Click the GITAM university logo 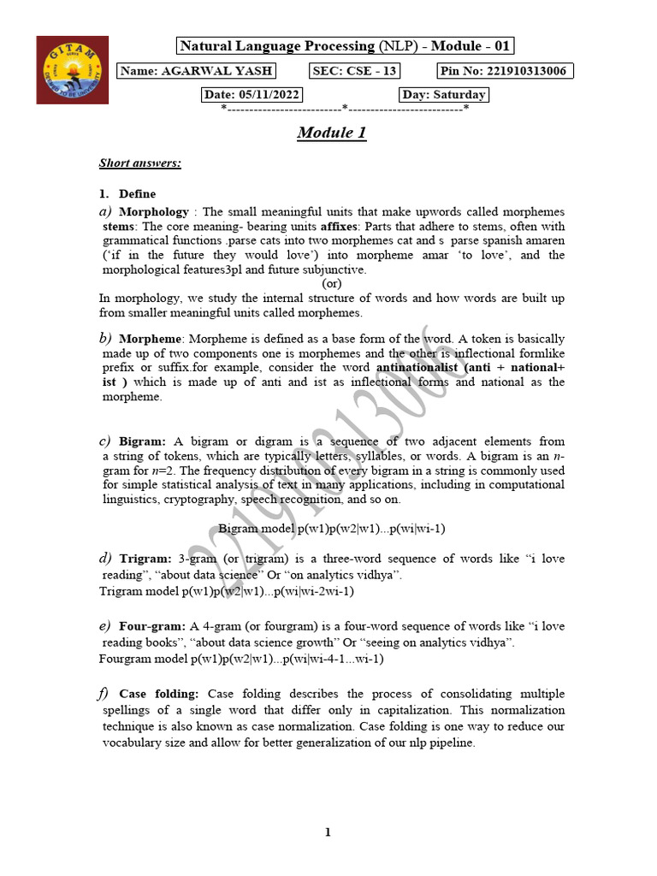point(73,69)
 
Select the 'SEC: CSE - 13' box point(352,71)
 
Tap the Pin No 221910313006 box point(505,71)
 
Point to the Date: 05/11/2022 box point(252,95)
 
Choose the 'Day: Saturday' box point(443,95)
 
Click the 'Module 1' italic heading point(332,133)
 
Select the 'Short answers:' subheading point(140,163)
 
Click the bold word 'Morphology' point(154,211)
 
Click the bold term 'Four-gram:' point(152,627)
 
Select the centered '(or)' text point(332,283)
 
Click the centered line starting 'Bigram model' point(332,529)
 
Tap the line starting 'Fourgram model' point(240,659)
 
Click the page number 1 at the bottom point(328,832)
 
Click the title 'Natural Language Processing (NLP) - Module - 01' point(346,46)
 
